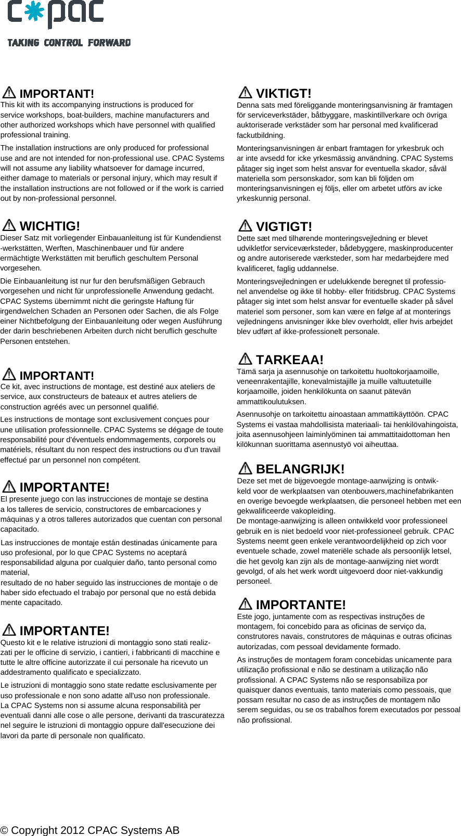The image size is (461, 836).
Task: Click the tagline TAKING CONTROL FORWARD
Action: [69, 43]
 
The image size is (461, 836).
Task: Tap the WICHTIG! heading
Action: [50, 226]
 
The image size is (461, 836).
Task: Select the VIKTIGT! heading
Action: [284, 94]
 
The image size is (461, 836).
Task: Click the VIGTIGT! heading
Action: [284, 227]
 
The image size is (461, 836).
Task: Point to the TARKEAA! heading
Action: [290, 360]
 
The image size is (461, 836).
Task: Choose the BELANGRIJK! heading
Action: [300, 469]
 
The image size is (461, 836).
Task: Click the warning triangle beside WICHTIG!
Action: [9, 225]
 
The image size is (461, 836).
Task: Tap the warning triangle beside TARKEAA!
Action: [245, 359]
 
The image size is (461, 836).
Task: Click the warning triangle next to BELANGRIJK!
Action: [245, 468]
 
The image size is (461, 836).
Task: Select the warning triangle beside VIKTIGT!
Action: [245, 93]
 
